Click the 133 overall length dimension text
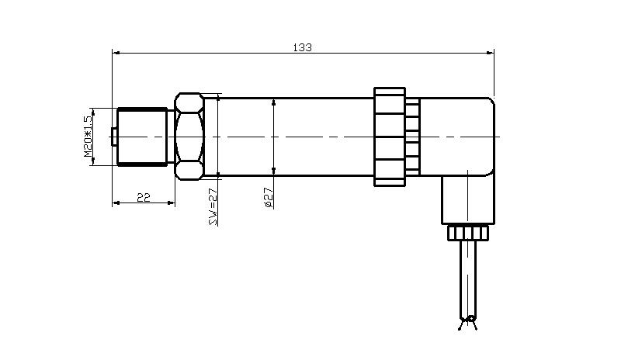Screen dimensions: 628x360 [303, 47]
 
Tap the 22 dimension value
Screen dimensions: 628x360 [144, 197]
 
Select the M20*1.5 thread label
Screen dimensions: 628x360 [88, 136]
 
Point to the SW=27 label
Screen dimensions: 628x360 [214, 206]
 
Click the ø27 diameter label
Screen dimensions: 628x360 [269, 198]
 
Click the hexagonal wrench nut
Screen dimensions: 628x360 [189, 137]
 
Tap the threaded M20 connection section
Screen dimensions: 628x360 [142, 137]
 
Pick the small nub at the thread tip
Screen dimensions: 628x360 [114, 137]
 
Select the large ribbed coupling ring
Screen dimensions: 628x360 [389, 137]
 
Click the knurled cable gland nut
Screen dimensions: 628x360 [468, 233]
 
